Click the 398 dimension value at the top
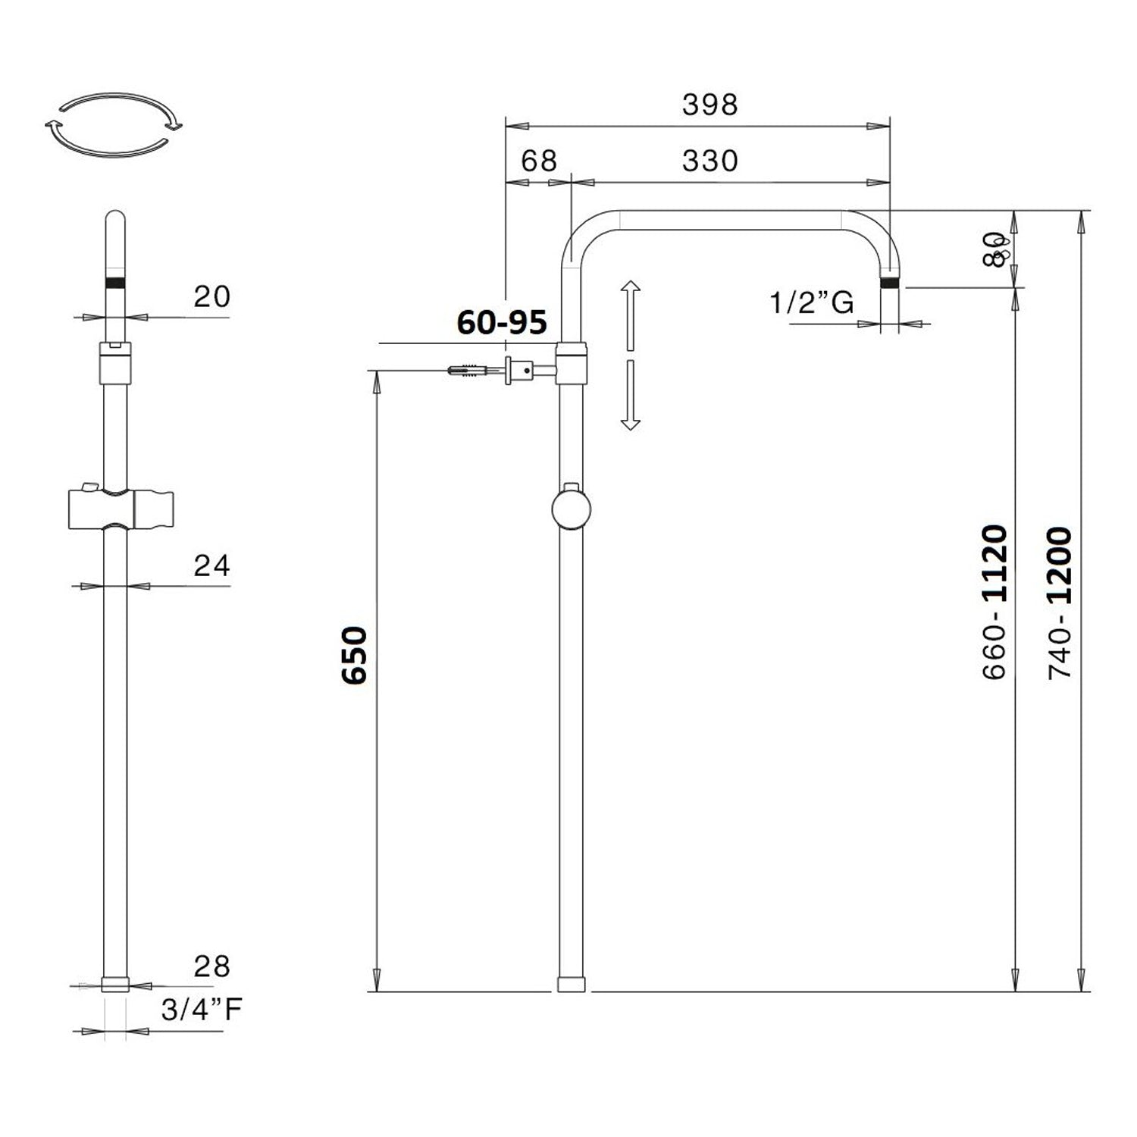click(709, 105)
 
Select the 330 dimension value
click(709, 161)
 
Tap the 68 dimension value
click(539, 161)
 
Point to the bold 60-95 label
click(501, 323)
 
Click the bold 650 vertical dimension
click(355, 656)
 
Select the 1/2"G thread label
click(811, 303)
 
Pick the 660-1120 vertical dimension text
click(994, 603)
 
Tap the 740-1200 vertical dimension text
click(1060, 603)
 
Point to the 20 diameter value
click(211, 296)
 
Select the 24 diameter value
click(211, 565)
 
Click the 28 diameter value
click(211, 966)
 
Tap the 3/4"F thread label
click(202, 1010)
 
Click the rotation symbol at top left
click(114, 125)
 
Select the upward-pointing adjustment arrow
click(630, 315)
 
